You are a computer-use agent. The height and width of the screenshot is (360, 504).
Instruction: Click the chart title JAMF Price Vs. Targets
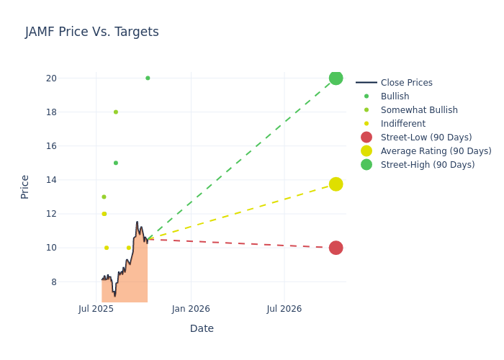(92, 32)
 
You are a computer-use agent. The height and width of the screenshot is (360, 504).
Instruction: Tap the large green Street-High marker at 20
(336, 78)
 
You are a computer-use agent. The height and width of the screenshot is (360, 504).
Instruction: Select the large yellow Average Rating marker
(336, 184)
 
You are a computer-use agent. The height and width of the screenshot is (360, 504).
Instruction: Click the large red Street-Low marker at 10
(336, 248)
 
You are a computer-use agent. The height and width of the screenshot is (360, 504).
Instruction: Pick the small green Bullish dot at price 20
(148, 78)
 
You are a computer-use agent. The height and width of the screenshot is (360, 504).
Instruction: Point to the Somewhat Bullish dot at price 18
(115, 112)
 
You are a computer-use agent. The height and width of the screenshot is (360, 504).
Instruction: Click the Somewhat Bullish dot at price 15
(115, 163)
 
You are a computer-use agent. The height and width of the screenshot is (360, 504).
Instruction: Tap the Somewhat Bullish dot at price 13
(104, 197)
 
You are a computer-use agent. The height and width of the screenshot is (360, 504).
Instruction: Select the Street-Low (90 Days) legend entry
(426, 138)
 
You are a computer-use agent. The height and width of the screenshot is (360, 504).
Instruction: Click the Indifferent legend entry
(402, 124)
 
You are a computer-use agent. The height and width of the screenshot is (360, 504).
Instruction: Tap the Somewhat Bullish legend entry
(418, 110)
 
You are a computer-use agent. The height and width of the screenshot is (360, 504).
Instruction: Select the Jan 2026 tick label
(191, 310)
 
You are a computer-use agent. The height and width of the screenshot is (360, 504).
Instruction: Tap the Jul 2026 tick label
(284, 310)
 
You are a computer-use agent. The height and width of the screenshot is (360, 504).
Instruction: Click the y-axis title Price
(25, 186)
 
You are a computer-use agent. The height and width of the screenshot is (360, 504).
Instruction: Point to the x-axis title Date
(202, 329)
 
